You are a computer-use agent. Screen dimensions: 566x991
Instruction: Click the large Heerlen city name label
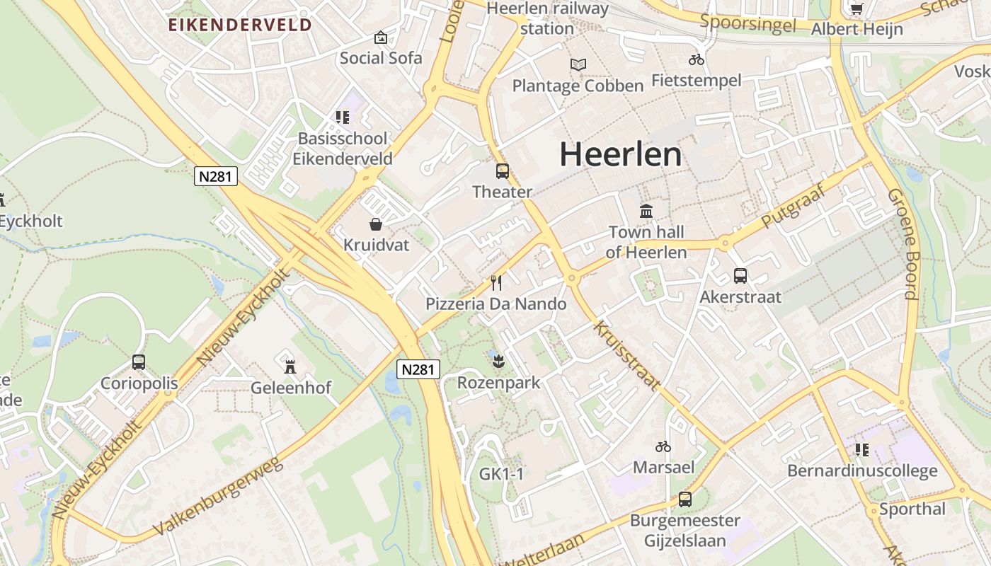click(x=621, y=154)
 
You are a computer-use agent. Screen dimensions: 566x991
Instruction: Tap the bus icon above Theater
click(x=502, y=171)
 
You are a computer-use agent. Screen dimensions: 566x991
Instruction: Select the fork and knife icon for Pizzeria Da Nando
click(x=496, y=283)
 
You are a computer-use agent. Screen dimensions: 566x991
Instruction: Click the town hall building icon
click(x=646, y=211)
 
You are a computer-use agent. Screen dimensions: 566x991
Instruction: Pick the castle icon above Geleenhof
click(x=290, y=366)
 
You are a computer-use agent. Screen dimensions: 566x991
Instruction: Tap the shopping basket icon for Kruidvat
click(x=376, y=224)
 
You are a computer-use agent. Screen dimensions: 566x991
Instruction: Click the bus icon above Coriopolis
click(x=139, y=362)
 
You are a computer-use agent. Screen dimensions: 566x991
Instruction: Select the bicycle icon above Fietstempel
click(x=697, y=59)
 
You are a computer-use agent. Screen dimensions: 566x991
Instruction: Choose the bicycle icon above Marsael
click(x=663, y=446)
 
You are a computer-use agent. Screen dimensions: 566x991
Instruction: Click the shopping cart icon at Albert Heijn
click(x=857, y=8)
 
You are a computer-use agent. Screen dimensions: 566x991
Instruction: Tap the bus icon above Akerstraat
click(x=740, y=276)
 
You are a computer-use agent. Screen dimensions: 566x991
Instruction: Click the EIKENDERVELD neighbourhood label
click(x=240, y=25)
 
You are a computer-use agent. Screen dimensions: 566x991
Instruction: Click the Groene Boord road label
click(x=903, y=243)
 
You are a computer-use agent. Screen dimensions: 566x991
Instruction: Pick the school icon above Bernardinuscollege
click(x=861, y=449)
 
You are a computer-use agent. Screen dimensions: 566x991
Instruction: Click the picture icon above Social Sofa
click(x=381, y=37)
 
